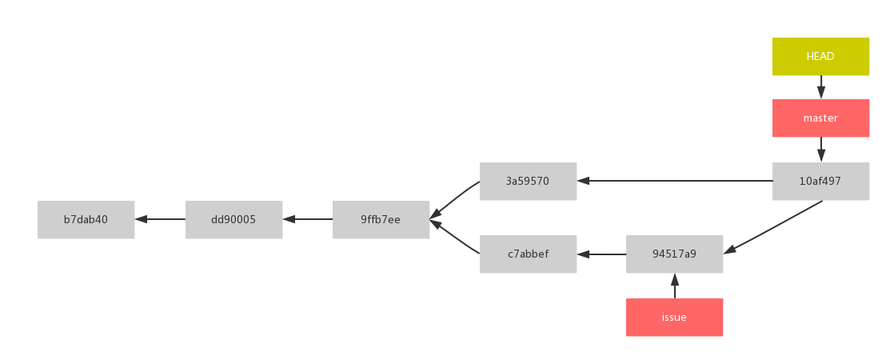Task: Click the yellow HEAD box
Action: (x=820, y=57)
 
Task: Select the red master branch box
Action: (x=820, y=118)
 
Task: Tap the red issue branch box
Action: (x=674, y=318)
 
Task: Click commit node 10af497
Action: (x=820, y=182)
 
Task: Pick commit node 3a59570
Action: (x=528, y=182)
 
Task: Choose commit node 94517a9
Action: (x=674, y=254)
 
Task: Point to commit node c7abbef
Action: (x=528, y=254)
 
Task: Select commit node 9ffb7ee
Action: (x=381, y=219)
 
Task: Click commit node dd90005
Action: (x=233, y=219)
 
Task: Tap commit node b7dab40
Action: (x=86, y=219)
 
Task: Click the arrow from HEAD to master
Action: (x=820, y=87)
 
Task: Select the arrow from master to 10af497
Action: (x=820, y=150)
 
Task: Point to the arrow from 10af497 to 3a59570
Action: (x=675, y=181)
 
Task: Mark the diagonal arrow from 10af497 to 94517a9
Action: (x=774, y=226)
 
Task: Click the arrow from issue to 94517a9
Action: (x=674, y=286)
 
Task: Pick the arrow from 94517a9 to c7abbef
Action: (x=601, y=254)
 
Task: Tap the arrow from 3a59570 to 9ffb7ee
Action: (x=454, y=200)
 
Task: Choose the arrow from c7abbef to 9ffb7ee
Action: (x=454, y=238)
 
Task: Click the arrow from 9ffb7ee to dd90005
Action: (x=308, y=219)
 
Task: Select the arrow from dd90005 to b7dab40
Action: (x=160, y=219)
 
